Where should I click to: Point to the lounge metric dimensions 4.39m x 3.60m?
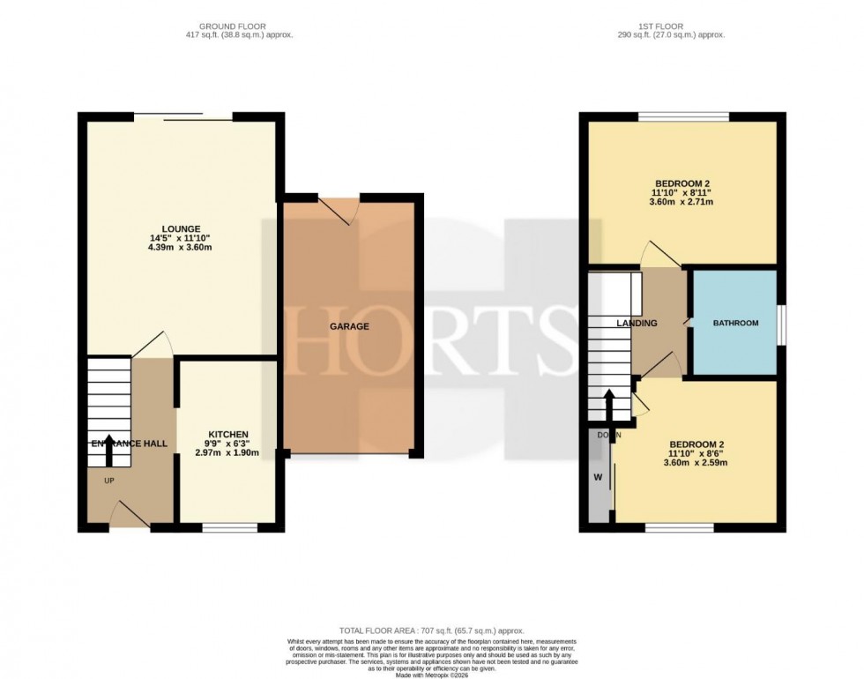click(x=181, y=248)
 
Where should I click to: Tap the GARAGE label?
click(x=350, y=326)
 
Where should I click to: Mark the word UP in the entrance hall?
click(x=109, y=481)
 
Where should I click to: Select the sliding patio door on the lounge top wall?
click(x=182, y=116)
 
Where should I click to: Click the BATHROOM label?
click(x=735, y=324)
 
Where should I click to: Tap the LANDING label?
click(x=637, y=324)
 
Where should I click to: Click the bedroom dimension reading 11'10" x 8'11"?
click(x=682, y=192)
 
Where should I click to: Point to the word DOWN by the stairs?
click(x=608, y=435)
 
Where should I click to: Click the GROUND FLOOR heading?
click(x=233, y=26)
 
